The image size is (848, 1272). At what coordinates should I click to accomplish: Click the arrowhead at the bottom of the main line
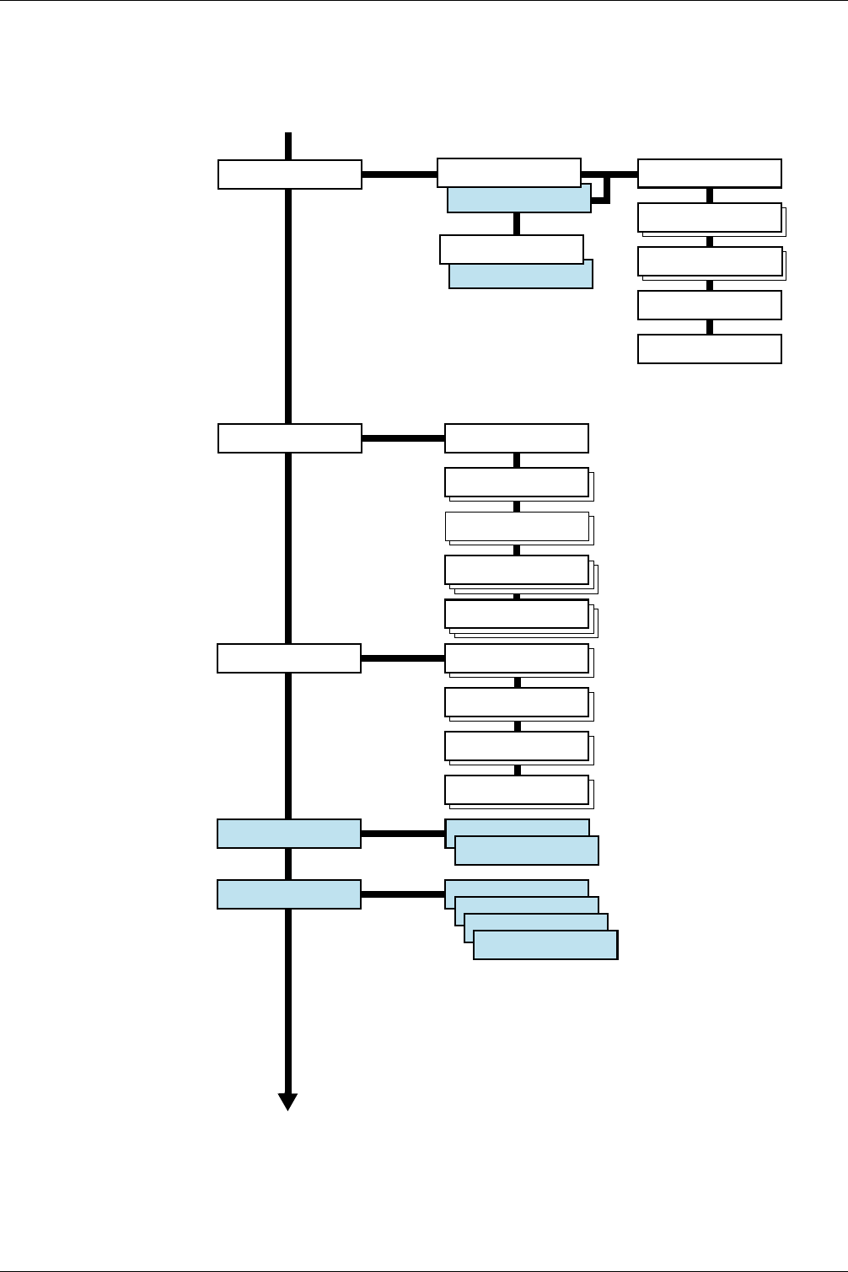(x=288, y=1101)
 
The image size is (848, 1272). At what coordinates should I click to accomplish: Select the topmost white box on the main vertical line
(x=290, y=174)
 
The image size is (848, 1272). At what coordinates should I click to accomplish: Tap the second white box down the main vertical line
(x=290, y=438)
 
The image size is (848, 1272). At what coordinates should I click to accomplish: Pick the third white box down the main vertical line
(x=289, y=658)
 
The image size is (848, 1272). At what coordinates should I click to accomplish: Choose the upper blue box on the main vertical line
(x=289, y=834)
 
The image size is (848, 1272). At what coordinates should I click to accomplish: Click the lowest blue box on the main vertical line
(x=289, y=894)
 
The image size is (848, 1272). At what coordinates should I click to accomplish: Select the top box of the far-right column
(x=710, y=173)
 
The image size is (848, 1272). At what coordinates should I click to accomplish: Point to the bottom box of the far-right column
(x=710, y=349)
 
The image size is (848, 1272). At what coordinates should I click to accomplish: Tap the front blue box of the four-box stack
(x=545, y=945)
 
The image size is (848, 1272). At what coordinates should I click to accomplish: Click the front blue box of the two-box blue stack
(x=527, y=851)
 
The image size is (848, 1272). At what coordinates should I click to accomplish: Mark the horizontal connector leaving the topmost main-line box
(x=400, y=174)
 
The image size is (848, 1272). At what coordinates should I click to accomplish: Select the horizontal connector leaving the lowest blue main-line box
(x=403, y=894)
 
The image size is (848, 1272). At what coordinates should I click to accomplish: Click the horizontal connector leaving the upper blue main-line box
(x=403, y=834)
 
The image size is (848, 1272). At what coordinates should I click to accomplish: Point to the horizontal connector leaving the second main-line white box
(x=403, y=438)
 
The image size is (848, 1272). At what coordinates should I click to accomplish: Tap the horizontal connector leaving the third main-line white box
(x=403, y=658)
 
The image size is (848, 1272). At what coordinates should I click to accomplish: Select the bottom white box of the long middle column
(x=517, y=790)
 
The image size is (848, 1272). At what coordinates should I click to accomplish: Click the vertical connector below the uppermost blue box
(x=517, y=224)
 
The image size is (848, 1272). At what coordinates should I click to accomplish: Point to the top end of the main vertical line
(x=288, y=135)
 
